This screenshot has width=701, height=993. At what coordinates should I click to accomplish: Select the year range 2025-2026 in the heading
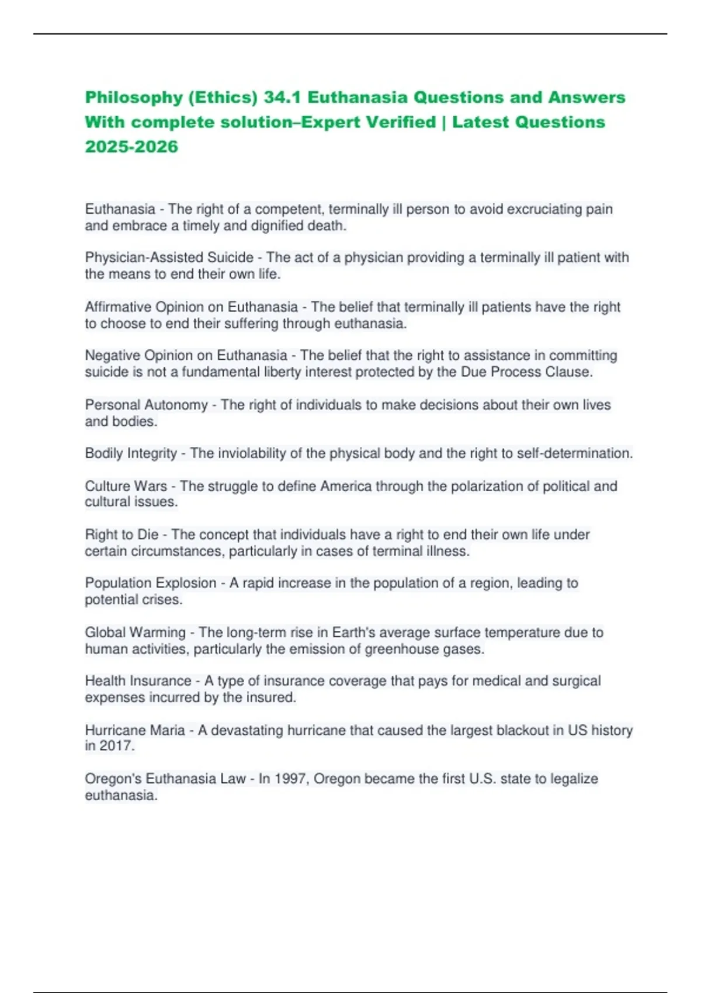tap(131, 147)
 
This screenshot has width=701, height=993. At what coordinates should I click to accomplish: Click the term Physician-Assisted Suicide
tap(169, 258)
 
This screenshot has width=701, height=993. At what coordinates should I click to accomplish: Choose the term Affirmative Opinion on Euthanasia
tap(191, 307)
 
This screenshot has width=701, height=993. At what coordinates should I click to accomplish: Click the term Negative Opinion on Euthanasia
tap(186, 355)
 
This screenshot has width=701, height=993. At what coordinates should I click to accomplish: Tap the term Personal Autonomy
tap(146, 405)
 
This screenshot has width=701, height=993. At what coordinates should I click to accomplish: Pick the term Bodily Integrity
tap(131, 453)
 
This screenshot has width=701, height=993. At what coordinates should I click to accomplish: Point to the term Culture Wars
tap(126, 486)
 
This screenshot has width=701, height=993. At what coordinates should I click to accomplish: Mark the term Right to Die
tap(122, 534)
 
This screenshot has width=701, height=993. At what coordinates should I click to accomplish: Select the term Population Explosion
tap(150, 583)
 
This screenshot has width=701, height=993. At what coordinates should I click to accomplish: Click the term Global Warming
tap(135, 632)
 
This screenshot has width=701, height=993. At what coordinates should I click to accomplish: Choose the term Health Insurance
tap(138, 681)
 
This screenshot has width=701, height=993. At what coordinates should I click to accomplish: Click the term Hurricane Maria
tap(134, 730)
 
